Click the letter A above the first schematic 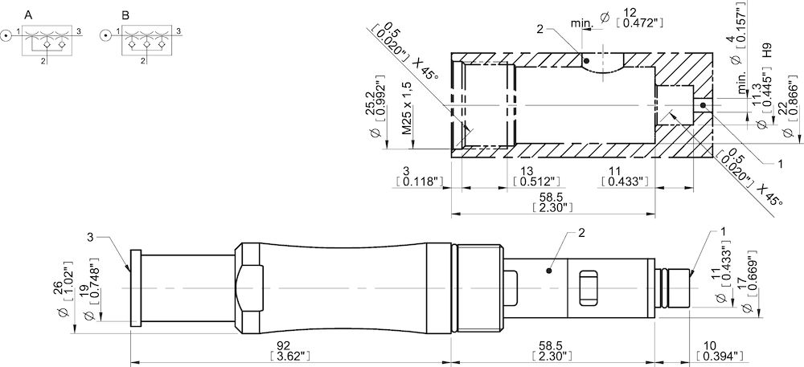click(29, 15)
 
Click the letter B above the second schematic click(125, 15)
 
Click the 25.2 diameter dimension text click(375, 100)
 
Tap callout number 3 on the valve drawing click(91, 236)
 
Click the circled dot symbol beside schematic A click(6, 36)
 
